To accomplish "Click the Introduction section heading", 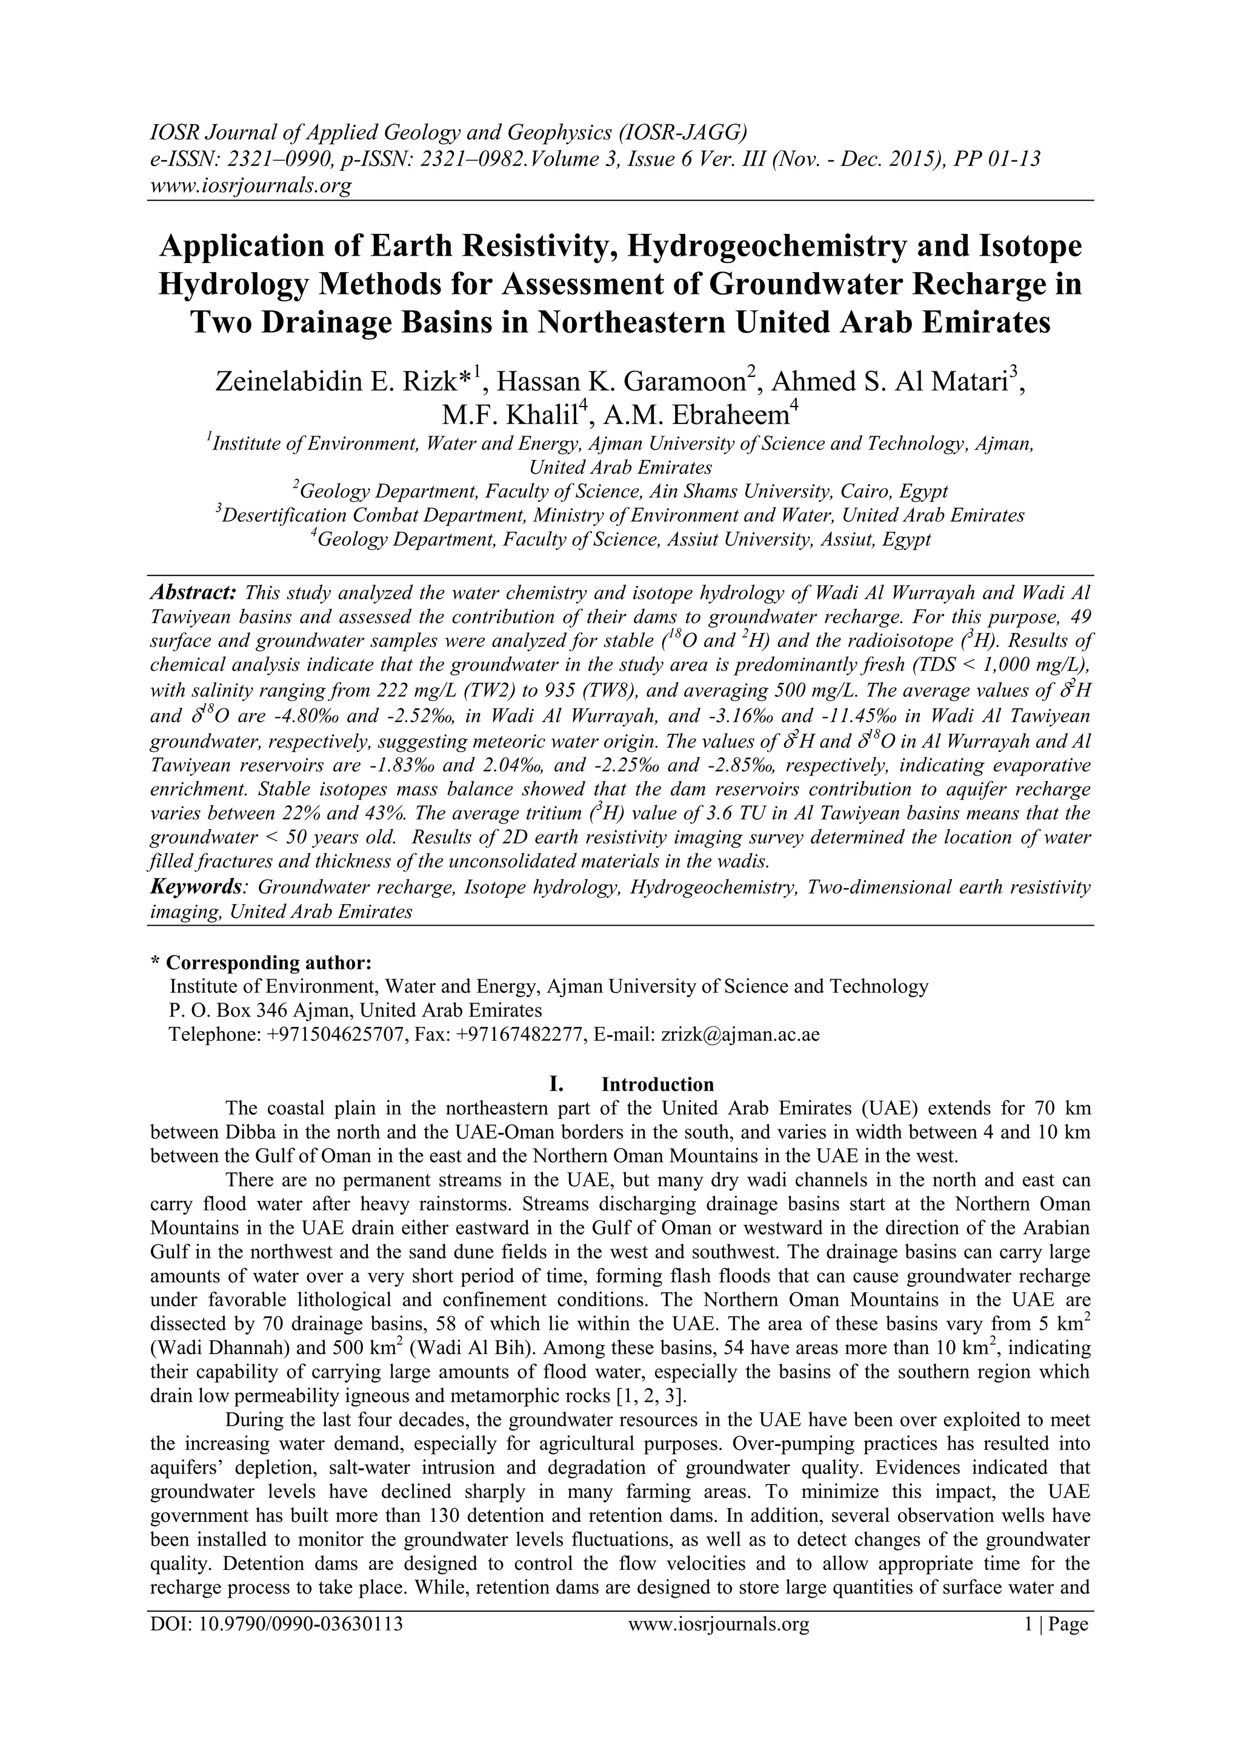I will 657,1084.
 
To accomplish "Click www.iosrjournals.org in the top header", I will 250,185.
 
